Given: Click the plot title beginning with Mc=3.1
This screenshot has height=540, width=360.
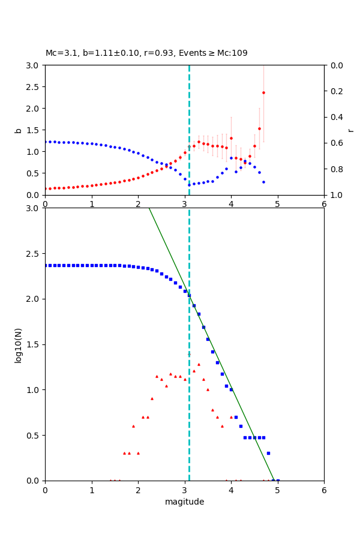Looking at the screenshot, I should (x=146, y=53).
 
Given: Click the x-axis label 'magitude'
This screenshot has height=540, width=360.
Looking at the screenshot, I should (x=184, y=502).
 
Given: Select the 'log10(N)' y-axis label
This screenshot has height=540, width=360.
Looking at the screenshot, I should (x=18, y=344).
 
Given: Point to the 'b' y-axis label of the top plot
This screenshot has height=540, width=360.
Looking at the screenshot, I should (x=18, y=130).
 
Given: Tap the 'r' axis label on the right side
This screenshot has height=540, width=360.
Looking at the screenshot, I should (x=350, y=130).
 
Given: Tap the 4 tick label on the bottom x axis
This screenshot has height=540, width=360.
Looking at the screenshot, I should (x=231, y=490).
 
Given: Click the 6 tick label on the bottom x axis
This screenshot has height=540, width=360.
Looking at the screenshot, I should (x=324, y=490).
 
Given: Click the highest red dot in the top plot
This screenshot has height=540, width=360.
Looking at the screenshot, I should (x=263, y=92).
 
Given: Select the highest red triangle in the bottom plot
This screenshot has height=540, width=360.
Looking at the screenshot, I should (x=199, y=364).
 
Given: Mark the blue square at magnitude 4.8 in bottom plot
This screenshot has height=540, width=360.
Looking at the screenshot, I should (x=268, y=453).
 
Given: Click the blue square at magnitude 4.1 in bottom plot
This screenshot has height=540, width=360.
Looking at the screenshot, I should (x=236, y=417).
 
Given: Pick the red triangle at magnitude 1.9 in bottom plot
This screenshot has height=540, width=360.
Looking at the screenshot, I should (x=133, y=426).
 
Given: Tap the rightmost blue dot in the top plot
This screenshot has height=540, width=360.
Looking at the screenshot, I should (x=263, y=182).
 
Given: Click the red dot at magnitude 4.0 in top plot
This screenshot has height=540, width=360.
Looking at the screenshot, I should (x=231, y=138).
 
